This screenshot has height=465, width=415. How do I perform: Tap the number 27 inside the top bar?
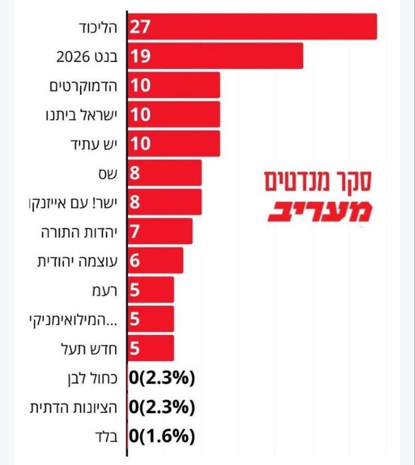click(x=140, y=27)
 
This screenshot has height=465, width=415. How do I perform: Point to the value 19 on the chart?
click(x=140, y=56)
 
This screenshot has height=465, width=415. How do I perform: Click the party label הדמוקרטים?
click(x=84, y=85)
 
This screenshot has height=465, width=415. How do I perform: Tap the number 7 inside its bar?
click(x=135, y=231)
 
